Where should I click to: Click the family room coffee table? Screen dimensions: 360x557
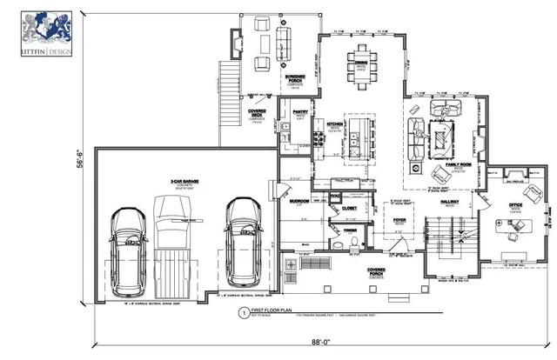(x=442, y=136)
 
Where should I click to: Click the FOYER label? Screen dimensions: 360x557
(x=400, y=221)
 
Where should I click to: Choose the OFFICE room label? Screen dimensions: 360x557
(x=515, y=205)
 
